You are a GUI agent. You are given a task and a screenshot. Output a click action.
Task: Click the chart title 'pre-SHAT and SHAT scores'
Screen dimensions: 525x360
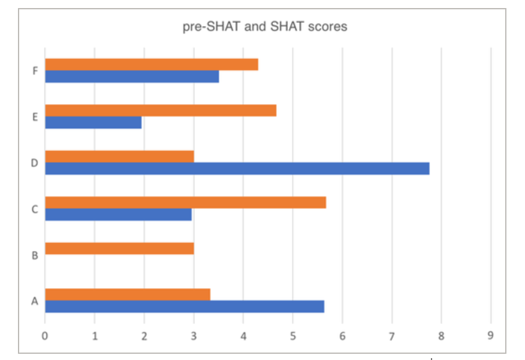pyautogui.click(x=265, y=27)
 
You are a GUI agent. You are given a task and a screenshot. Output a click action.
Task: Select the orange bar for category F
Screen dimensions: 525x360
pyautogui.click(x=152, y=64)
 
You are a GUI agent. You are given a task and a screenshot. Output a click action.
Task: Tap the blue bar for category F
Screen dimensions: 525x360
pyautogui.click(x=132, y=76)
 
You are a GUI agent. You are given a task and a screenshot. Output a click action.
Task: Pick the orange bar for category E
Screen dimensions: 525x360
pyautogui.click(x=161, y=111)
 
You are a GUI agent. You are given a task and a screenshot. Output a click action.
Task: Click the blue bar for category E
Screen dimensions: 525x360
pyautogui.click(x=93, y=122)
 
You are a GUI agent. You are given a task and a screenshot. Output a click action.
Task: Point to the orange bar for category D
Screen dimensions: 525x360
pyautogui.click(x=119, y=157)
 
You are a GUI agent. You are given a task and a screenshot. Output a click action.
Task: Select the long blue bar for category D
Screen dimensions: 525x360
pyautogui.click(x=237, y=169)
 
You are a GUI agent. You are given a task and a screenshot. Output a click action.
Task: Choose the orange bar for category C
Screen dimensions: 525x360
pyautogui.click(x=186, y=203)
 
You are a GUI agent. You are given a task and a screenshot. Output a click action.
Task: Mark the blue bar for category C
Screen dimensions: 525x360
pyautogui.click(x=118, y=214)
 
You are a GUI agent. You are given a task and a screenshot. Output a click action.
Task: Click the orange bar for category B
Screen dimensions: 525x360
pyautogui.click(x=119, y=248)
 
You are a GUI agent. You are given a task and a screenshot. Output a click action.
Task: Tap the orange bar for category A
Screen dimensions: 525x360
pyautogui.click(x=128, y=295)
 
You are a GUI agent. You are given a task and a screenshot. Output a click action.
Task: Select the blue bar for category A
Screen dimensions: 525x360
pyautogui.click(x=184, y=306)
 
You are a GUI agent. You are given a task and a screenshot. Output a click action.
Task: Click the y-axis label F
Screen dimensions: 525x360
pyautogui.click(x=35, y=71)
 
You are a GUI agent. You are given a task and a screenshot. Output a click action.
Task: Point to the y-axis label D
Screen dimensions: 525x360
pyautogui.click(x=35, y=163)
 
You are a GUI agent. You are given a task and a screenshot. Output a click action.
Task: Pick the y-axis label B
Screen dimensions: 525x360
pyautogui.click(x=35, y=255)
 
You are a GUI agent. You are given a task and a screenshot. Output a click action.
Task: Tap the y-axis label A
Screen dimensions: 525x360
pyautogui.click(x=35, y=301)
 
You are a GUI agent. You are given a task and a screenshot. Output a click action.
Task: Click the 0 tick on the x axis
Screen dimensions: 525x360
pyautogui.click(x=45, y=336)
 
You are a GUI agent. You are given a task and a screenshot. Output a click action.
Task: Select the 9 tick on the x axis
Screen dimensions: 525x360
pyautogui.click(x=490, y=336)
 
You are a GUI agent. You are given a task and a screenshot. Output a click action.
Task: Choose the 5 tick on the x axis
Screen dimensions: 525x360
pyautogui.click(x=293, y=336)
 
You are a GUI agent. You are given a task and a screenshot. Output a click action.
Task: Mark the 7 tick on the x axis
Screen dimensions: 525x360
pyautogui.click(x=392, y=336)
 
